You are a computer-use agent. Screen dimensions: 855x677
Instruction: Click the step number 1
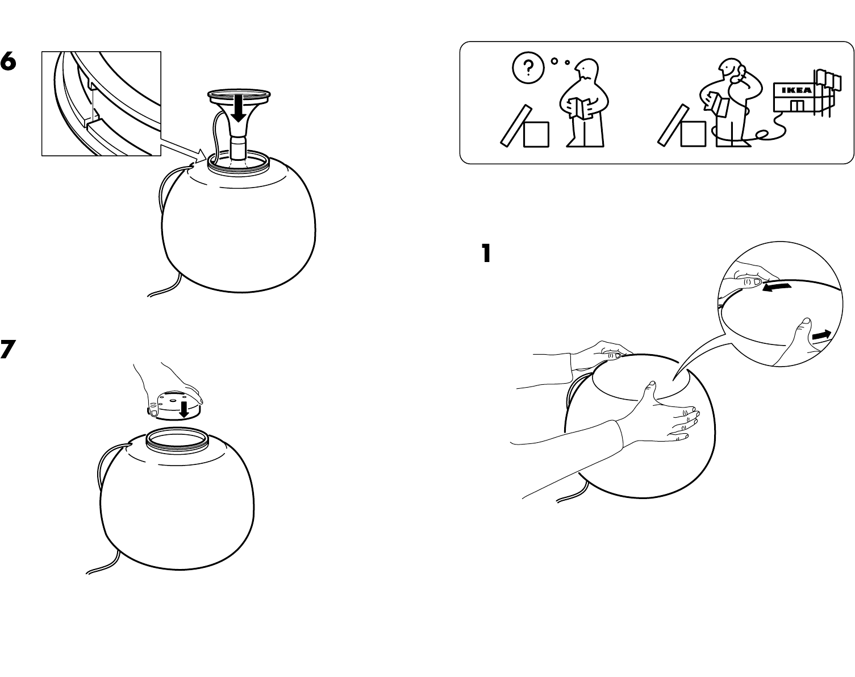tap(485, 254)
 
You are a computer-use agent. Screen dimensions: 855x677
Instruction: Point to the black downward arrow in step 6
tap(239, 110)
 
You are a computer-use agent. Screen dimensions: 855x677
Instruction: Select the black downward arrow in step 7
tap(184, 408)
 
